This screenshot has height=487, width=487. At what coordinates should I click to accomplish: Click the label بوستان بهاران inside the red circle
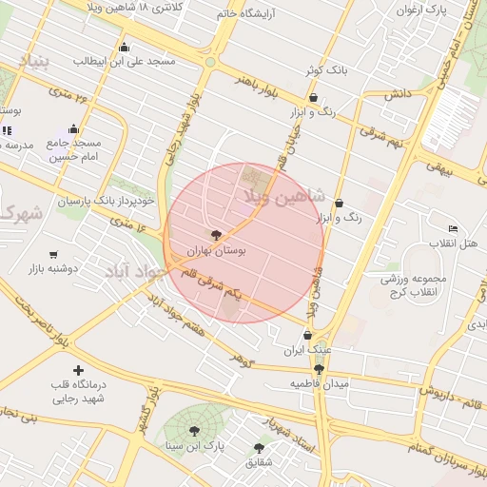[x=219, y=250]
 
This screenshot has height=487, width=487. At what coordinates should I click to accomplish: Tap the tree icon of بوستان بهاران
[x=216, y=234]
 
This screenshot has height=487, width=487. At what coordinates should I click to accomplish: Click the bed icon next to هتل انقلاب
[x=453, y=228]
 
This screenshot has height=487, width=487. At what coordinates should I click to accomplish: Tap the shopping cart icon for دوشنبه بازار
[x=53, y=255]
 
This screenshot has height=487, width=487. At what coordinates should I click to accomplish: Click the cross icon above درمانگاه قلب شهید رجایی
[x=78, y=370]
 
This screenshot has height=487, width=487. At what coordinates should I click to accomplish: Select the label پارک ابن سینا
[x=196, y=445]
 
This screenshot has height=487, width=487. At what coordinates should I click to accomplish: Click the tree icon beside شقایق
[x=259, y=447]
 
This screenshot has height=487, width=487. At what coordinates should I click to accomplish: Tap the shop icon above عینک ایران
[x=307, y=335]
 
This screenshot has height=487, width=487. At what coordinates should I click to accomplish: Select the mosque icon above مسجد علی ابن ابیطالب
[x=123, y=47]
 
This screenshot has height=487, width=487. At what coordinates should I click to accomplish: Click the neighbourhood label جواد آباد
[x=136, y=270]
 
